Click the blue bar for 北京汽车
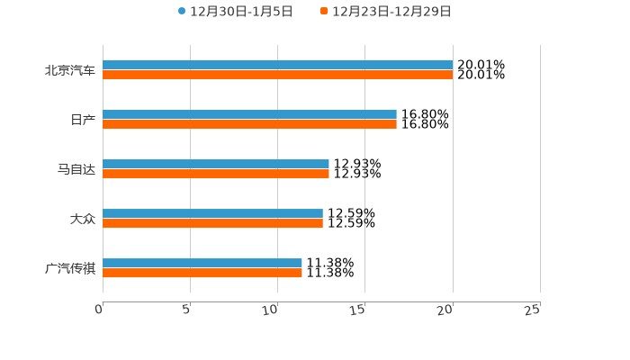click(277, 65)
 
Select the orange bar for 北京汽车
click(277, 76)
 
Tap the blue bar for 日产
click(249, 114)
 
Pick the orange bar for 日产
click(249, 125)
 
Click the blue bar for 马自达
click(216, 164)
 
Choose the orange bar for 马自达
click(216, 175)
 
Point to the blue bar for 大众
click(212, 213)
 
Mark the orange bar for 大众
click(212, 224)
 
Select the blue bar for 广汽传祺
click(202, 263)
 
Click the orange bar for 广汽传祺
click(202, 274)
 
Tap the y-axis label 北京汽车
click(70, 70)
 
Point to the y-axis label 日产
click(83, 120)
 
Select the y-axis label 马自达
click(76, 169)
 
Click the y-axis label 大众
click(83, 219)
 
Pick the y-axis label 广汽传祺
click(70, 268)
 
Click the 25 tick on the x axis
click(533, 310)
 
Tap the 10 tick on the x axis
click(270, 310)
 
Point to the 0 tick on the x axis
click(99, 310)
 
